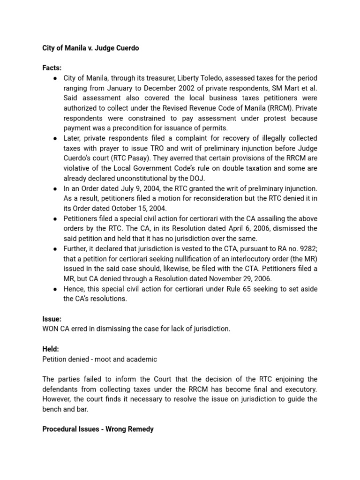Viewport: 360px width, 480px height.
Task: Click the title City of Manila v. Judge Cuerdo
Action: [x=90, y=48]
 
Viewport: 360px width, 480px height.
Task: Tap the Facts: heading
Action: [x=52, y=68]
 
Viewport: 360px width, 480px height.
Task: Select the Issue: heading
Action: [x=52, y=319]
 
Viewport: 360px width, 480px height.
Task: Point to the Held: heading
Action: [x=51, y=349]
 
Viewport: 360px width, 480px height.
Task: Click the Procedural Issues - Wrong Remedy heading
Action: [x=98, y=429]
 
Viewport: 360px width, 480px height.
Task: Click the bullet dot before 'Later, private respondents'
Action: [x=55, y=138]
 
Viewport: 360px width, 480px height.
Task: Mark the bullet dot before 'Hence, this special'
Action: [x=55, y=289]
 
